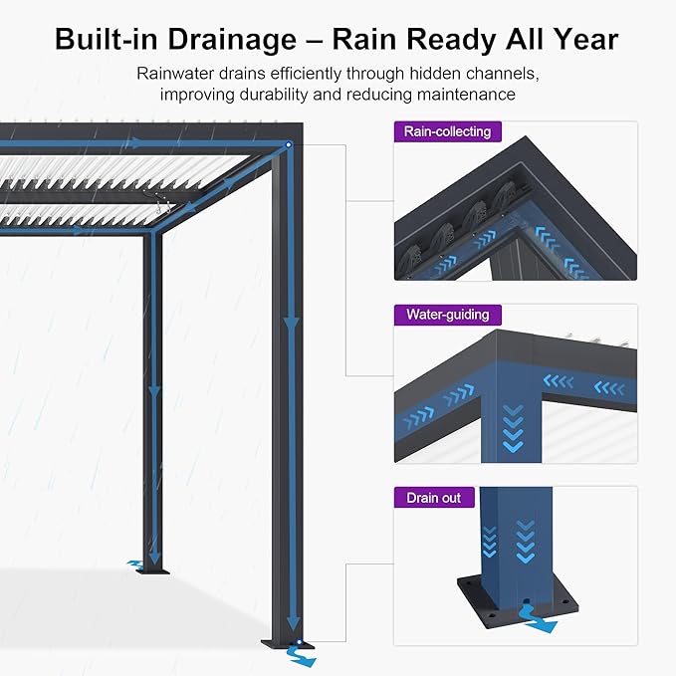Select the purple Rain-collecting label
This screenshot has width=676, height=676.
pos(447,131)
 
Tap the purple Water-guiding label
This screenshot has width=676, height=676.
pos(447,315)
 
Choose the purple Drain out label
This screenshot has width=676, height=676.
pos(433,497)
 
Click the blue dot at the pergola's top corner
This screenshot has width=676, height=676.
pos(289,146)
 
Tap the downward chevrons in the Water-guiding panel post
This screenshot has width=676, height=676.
pos(513,428)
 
